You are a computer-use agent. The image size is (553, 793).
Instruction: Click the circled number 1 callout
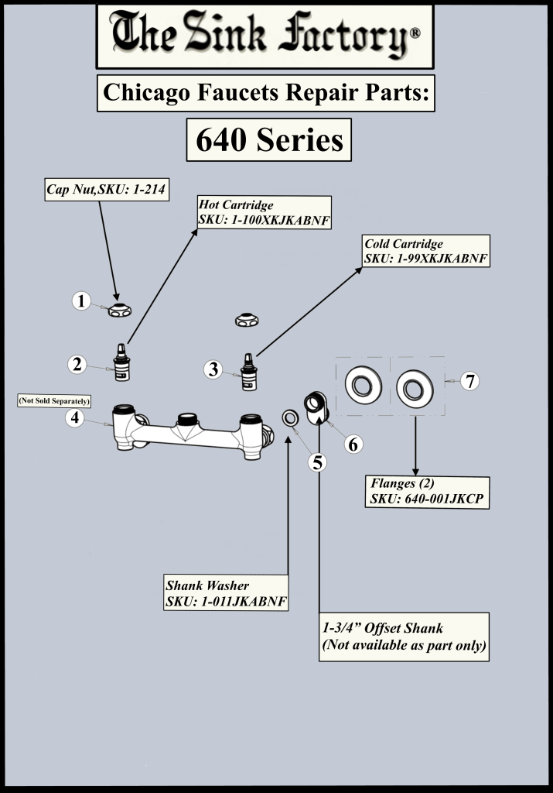[x=81, y=301]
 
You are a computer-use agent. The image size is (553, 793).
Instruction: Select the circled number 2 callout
[x=77, y=364]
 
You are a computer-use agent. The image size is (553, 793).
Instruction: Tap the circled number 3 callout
[x=213, y=369]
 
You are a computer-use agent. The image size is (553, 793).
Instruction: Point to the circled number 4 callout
[x=75, y=417]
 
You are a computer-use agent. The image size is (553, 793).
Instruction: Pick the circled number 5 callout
[x=318, y=462]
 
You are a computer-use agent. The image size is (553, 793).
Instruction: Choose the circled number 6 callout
[x=353, y=444]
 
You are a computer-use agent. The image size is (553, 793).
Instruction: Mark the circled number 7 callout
[x=470, y=381]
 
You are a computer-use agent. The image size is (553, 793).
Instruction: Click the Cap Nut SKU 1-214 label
[x=107, y=190]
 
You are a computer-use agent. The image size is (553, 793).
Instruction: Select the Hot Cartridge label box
[x=265, y=212]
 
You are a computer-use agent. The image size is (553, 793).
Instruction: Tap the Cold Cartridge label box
[x=425, y=251]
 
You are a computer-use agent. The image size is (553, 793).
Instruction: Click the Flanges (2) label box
[x=427, y=492]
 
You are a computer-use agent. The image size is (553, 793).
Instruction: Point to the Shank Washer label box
[x=226, y=592]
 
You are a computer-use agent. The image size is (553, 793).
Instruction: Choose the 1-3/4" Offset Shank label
[x=404, y=637]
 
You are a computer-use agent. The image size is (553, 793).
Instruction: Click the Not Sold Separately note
[x=54, y=401]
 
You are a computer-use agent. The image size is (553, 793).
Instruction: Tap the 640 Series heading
[x=268, y=140]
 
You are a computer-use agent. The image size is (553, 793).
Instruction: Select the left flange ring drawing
[x=363, y=385]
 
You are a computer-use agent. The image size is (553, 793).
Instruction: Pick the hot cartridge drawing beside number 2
[x=121, y=362]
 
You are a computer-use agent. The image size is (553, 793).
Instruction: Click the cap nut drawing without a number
[x=247, y=320]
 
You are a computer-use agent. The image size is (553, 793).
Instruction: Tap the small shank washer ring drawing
[x=290, y=418]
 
